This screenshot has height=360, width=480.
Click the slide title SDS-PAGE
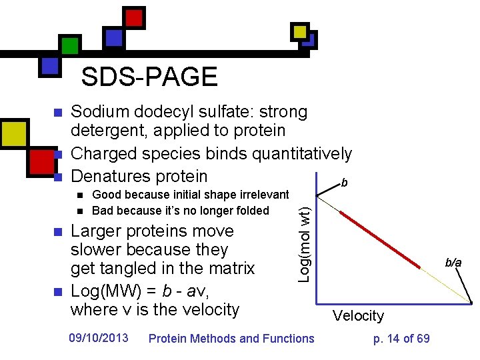[149, 77]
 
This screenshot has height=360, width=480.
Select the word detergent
[106, 131]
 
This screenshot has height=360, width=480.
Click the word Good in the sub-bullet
[106, 195]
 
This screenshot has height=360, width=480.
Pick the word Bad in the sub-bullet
[102, 211]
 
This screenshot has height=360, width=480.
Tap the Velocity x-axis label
[359, 316]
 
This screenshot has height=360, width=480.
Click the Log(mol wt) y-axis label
[304, 243]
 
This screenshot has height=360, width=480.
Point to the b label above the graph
[343, 181]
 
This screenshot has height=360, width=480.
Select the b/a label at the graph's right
[453, 263]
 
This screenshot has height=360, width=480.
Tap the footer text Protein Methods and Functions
[231, 339]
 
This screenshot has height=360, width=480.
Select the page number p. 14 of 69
[401, 339]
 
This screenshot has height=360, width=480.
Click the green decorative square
[70, 45]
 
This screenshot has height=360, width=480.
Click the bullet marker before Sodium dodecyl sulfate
[57, 112]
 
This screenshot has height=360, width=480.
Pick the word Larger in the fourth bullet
[95, 231]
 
